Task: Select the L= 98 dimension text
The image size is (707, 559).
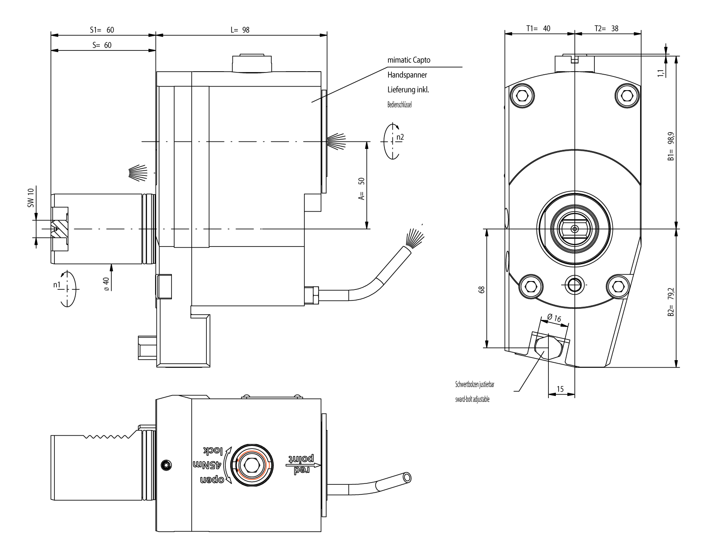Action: (240, 30)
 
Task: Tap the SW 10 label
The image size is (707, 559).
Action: (30, 198)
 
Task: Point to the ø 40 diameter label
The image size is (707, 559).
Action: (106, 283)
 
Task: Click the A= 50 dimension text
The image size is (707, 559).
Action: (361, 189)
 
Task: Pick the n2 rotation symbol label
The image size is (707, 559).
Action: (399, 137)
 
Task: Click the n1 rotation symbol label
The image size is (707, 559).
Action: (57, 285)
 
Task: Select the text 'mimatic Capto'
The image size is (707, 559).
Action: (408, 60)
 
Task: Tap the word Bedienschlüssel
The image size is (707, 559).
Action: (399, 105)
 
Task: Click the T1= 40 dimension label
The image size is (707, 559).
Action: (538, 28)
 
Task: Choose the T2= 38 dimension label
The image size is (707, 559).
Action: (606, 28)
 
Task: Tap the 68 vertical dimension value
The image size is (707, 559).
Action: (482, 289)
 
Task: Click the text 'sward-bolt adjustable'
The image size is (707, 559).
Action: (472, 399)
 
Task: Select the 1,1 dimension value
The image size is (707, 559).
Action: (661, 73)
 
